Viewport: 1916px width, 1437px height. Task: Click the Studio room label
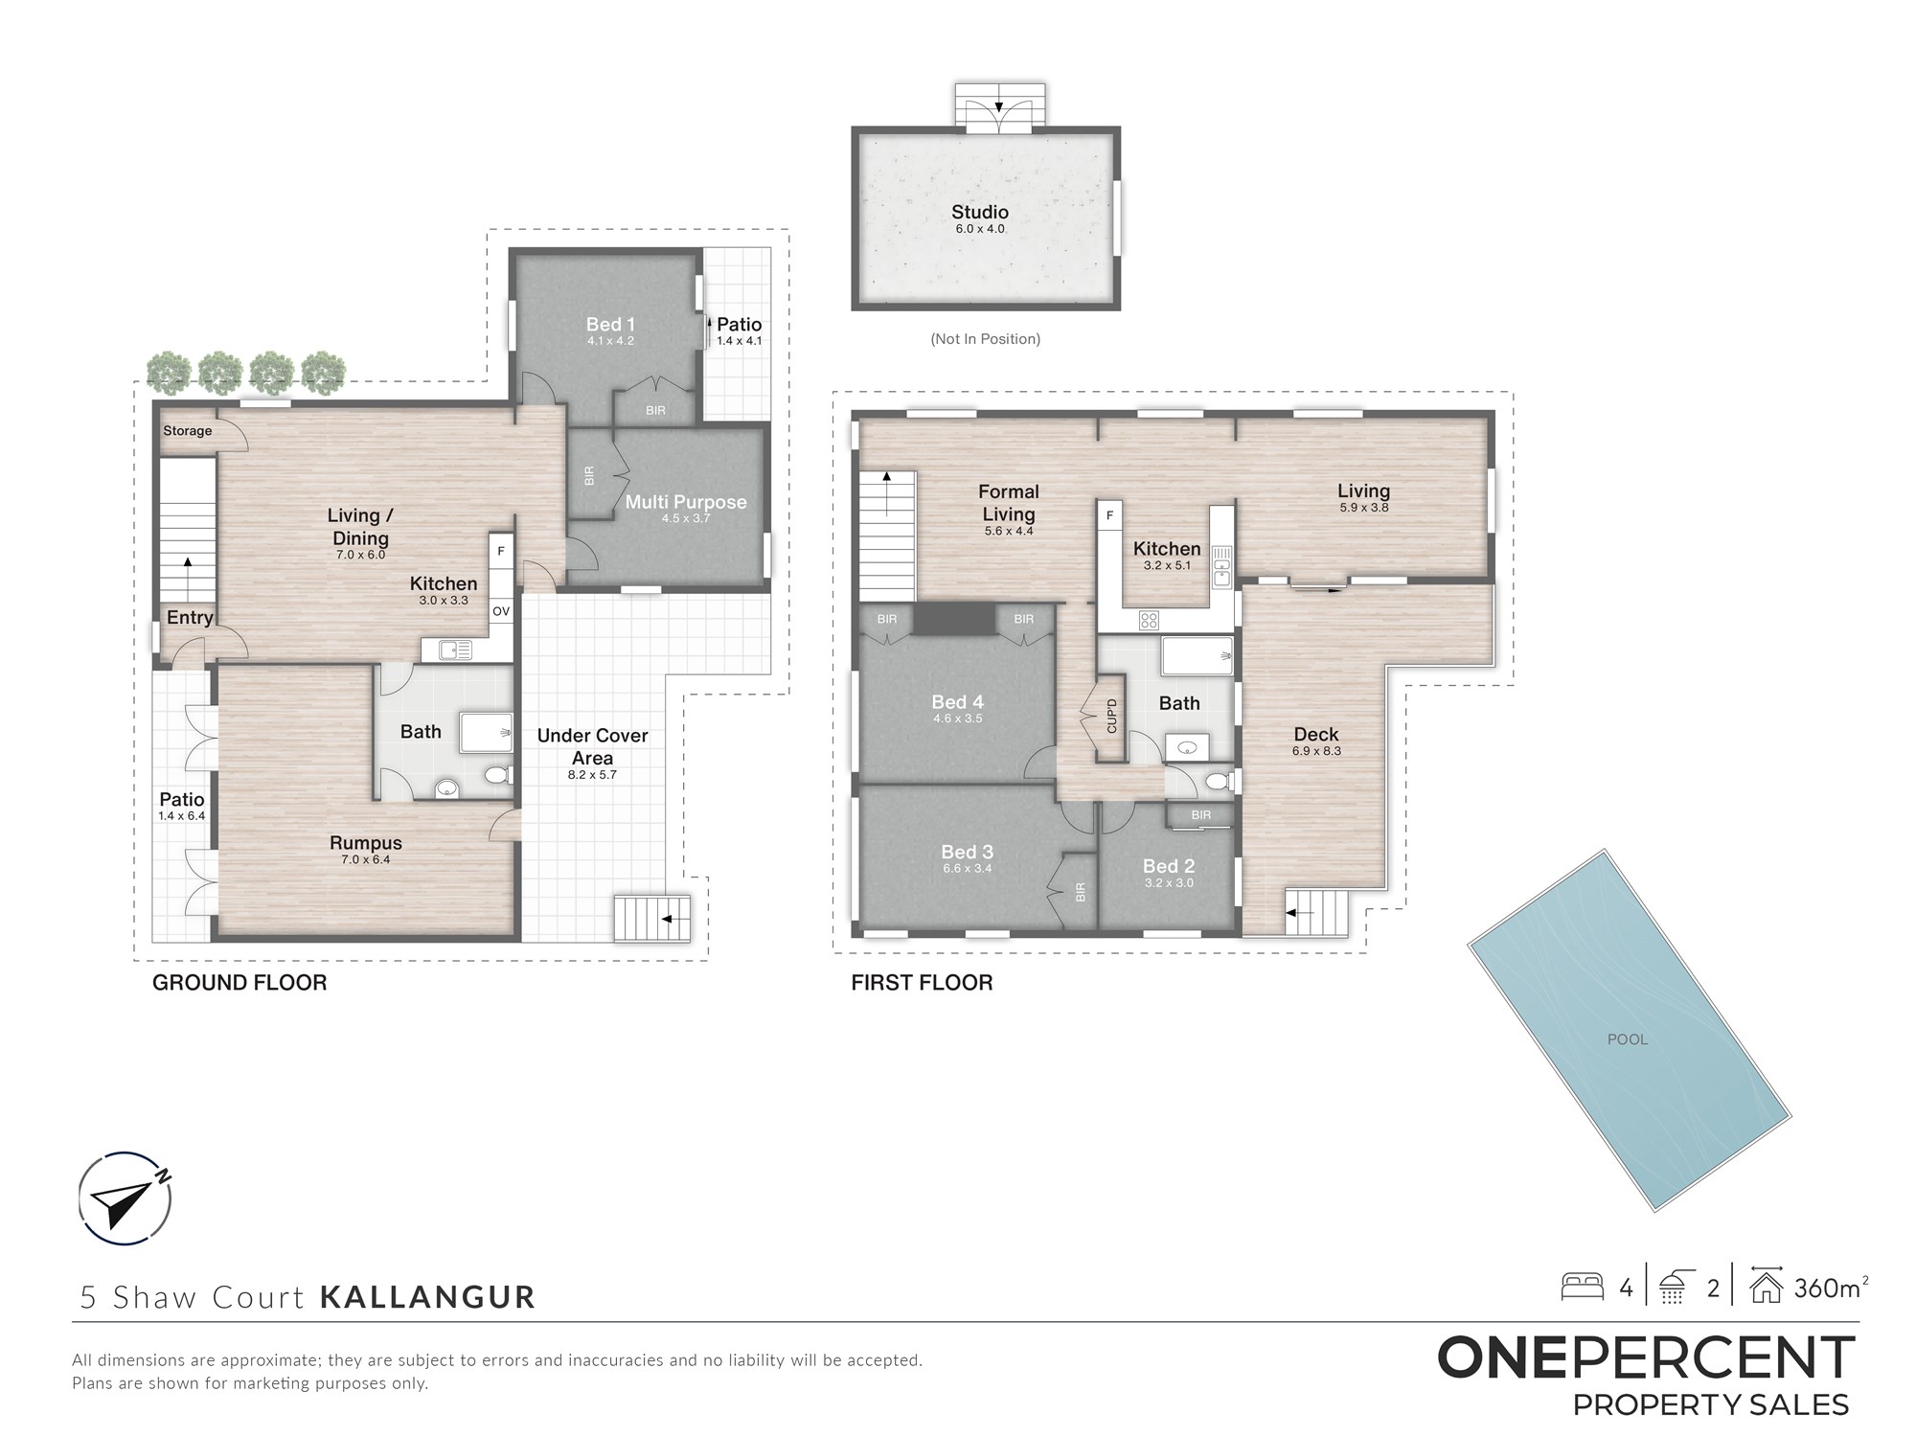click(x=979, y=212)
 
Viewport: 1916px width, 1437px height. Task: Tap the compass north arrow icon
click(x=125, y=1198)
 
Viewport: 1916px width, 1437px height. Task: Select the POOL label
click(x=1628, y=1039)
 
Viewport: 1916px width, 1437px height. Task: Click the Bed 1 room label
click(x=610, y=325)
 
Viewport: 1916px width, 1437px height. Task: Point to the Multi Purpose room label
click(x=686, y=502)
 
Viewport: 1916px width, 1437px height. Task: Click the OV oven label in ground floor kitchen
click(x=501, y=611)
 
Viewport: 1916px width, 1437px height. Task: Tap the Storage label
click(x=188, y=431)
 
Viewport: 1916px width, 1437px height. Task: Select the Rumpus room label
click(x=366, y=843)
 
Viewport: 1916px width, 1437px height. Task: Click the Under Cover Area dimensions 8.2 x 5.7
click(x=592, y=775)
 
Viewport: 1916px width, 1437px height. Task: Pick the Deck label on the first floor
click(x=1316, y=735)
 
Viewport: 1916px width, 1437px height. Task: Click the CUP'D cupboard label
click(x=1111, y=717)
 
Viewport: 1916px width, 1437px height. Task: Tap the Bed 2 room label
click(x=1169, y=866)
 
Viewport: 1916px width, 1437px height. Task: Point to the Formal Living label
click(x=1009, y=503)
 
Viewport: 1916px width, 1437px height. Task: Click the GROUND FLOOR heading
click(x=239, y=983)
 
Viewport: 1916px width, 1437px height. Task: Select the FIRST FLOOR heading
click(x=922, y=983)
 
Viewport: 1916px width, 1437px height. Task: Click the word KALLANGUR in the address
click(x=427, y=1297)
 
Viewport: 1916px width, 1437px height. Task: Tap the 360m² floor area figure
click(x=1831, y=1288)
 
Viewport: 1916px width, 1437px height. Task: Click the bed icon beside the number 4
click(x=1583, y=1287)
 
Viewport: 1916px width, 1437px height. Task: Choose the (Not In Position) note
click(x=985, y=339)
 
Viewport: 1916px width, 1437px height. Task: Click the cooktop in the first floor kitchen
click(x=1150, y=621)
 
